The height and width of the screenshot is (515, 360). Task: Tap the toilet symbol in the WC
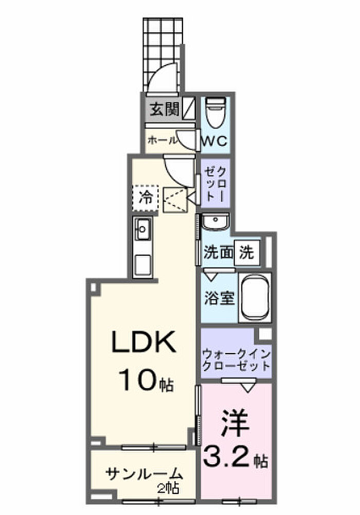(x=215, y=112)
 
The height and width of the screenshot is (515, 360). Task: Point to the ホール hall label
(x=163, y=140)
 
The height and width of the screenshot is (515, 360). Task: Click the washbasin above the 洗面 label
(x=215, y=222)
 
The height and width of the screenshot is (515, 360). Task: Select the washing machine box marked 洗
(x=247, y=253)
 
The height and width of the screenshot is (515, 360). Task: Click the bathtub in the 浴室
(x=255, y=297)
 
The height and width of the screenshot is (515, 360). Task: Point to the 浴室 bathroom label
(x=219, y=298)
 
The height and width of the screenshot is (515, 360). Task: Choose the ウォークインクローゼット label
(x=236, y=360)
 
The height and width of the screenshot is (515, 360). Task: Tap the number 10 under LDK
(x=138, y=380)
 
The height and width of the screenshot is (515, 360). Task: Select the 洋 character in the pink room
(x=235, y=423)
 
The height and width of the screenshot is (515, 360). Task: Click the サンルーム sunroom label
(x=144, y=474)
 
